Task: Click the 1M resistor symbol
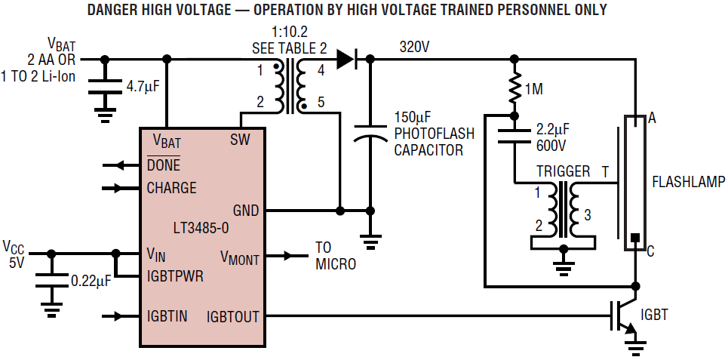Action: point(515,88)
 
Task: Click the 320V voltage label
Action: point(415,47)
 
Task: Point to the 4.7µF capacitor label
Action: point(143,87)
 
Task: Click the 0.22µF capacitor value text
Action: point(91,281)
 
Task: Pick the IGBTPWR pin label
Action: point(175,275)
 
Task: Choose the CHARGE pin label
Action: point(171,188)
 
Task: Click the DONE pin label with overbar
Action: point(163,165)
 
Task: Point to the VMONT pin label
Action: point(240,257)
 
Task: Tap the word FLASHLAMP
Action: point(688,182)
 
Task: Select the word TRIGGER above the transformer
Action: point(563,172)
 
